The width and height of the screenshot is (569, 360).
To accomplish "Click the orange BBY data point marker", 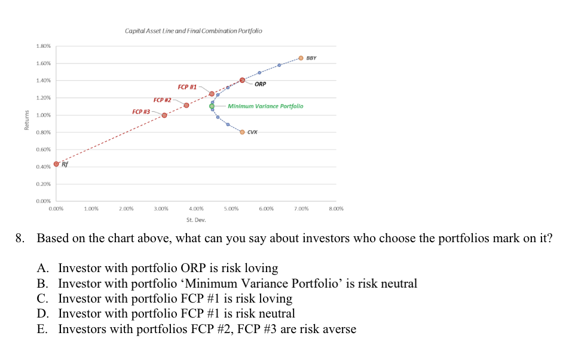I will [301, 58].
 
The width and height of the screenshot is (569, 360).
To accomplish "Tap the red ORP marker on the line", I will [242, 80].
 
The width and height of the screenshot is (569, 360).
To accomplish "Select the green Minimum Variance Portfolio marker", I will [212, 106].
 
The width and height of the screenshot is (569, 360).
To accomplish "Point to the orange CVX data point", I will [242, 132].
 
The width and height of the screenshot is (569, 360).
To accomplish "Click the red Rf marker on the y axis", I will [56, 164].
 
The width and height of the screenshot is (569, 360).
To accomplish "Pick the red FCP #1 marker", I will [212, 94].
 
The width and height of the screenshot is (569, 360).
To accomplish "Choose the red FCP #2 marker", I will [186, 105].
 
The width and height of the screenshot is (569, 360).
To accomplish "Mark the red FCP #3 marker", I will [164, 115].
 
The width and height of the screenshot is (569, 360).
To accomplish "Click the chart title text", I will [193, 30].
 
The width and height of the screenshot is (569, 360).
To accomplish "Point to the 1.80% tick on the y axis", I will [43, 46].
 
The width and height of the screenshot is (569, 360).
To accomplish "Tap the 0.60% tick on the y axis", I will [43, 150].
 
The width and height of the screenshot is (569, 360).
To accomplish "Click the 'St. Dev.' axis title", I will [196, 220].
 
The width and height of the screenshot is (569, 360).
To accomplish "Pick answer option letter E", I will [42, 328].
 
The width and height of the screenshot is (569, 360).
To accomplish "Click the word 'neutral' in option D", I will [275, 313].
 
